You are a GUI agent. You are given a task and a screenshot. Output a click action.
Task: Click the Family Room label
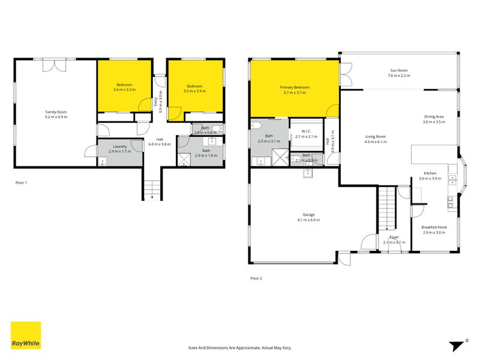click(56, 112)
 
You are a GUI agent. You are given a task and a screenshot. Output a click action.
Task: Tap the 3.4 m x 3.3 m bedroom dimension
click(124, 90)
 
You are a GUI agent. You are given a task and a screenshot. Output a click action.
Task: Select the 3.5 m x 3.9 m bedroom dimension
click(196, 91)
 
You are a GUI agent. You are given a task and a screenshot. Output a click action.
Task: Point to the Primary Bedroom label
click(295, 88)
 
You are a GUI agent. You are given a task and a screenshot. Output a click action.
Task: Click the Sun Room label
click(398, 70)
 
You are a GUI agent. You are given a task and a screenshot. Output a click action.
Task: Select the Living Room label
click(376, 136)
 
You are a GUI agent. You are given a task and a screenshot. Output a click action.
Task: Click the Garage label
click(309, 215)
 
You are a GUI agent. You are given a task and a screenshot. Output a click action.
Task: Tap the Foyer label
click(394, 238)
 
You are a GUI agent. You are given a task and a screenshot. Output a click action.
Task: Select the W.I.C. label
click(306, 131)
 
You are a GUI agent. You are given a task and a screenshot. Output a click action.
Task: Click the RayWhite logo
click(26, 335)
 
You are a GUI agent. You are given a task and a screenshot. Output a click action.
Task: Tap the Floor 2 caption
click(256, 278)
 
